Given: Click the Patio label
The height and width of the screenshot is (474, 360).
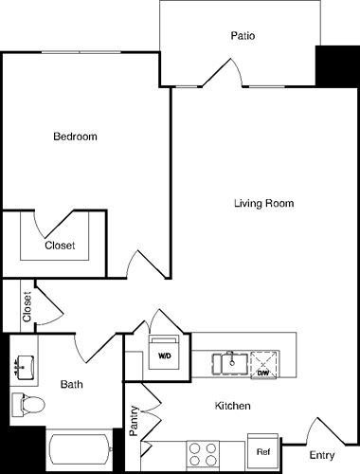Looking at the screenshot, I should click(243, 36).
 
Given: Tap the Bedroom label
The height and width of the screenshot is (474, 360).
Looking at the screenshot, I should click(75, 137).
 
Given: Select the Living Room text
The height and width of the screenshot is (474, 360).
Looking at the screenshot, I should click(264, 204).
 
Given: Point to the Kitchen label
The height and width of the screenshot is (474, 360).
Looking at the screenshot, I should click(232, 406).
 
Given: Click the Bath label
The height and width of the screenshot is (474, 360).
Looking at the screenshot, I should click(72, 384).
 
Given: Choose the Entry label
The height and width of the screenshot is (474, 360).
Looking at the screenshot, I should click(323, 456).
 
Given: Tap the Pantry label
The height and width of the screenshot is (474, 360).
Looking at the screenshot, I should click(135, 420).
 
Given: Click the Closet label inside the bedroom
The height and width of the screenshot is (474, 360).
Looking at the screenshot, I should click(60, 246).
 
